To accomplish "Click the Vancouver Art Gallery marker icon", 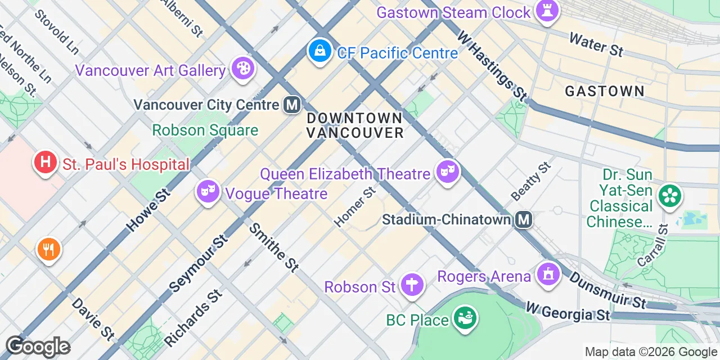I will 243,69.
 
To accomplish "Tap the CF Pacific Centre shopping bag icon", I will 319,51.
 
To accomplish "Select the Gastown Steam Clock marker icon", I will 546,11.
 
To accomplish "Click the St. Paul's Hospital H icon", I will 46,163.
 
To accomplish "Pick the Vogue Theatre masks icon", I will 208,192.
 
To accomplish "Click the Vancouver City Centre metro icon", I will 291,105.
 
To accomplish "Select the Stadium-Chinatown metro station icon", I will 524,219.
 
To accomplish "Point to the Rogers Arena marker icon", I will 547,274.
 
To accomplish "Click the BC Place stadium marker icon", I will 465,318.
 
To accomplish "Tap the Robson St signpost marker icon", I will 412,285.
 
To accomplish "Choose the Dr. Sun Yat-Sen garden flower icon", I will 670,196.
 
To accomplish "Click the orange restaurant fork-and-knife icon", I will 48,249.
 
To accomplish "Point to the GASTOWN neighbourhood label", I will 605,91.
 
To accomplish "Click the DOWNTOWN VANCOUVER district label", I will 355,125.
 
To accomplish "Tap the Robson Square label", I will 205,130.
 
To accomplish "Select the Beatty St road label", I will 530,181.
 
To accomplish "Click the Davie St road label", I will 93,319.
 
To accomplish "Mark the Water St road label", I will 596,44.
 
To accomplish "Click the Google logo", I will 38,346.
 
